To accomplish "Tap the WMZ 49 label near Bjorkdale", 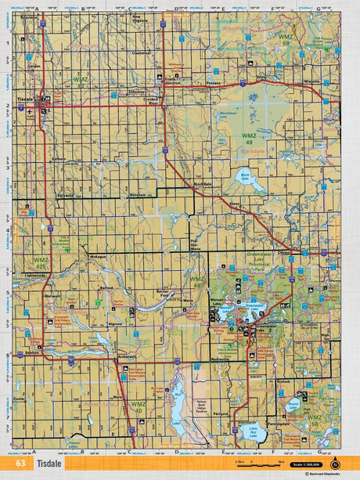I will (247, 139).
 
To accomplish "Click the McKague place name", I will (97, 256).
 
